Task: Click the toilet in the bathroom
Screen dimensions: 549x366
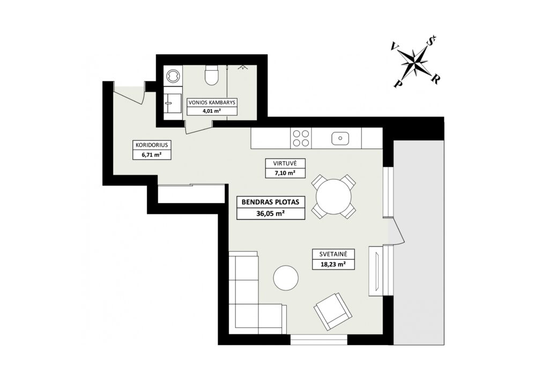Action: (x=212, y=75)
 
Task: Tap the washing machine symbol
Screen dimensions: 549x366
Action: (x=173, y=75)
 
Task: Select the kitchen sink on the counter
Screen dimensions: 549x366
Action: (x=340, y=139)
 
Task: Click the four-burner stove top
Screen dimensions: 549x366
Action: (x=301, y=138)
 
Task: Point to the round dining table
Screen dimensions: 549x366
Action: (x=333, y=197)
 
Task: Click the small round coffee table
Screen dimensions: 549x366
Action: (x=286, y=278)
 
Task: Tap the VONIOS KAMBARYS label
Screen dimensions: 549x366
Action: (x=212, y=102)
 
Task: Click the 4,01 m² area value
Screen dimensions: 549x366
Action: (x=212, y=111)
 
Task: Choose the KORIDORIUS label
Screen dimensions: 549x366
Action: (x=152, y=145)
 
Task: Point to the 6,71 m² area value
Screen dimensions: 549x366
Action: (x=152, y=154)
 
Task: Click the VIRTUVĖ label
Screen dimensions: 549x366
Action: (x=285, y=163)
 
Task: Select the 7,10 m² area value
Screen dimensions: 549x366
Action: (x=285, y=173)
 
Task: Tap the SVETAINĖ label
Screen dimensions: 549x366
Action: (x=333, y=255)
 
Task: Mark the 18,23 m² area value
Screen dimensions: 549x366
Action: (x=333, y=264)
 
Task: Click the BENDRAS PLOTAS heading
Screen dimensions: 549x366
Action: (x=271, y=202)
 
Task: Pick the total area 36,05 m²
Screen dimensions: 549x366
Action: (x=271, y=213)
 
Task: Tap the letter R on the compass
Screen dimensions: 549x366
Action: (x=435, y=79)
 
